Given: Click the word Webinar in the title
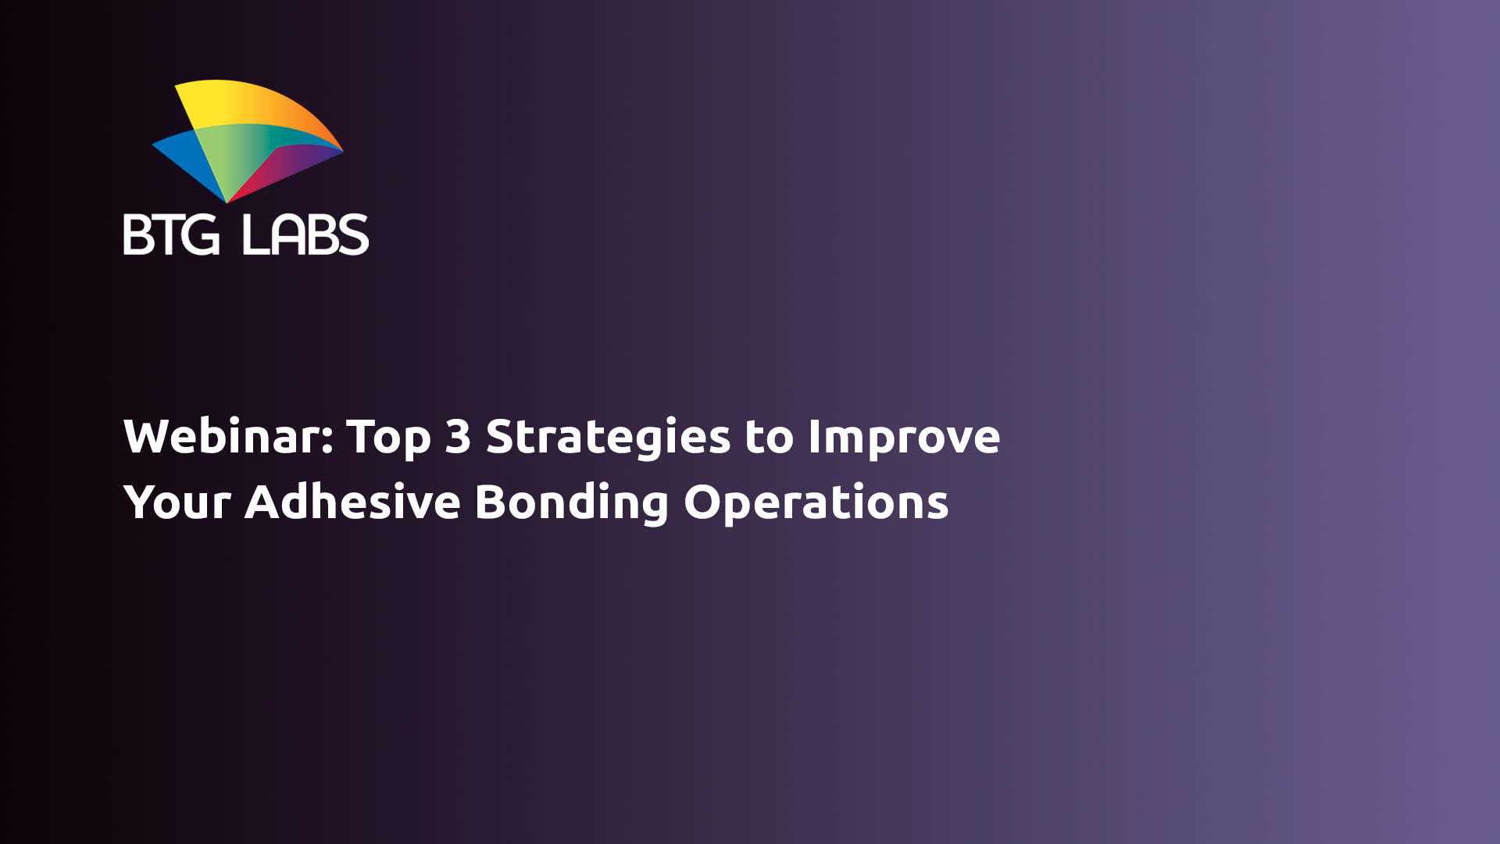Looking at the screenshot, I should click(223, 436).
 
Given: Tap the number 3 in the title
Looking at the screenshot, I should click(458, 436).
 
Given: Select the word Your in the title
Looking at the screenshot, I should click(177, 502).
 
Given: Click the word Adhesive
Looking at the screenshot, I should click(352, 502).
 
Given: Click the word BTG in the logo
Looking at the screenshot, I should click(171, 234).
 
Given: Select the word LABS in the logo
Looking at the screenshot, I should click(305, 234).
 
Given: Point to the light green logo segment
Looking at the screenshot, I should click(230, 152).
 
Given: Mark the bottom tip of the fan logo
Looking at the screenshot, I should click(227, 202).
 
